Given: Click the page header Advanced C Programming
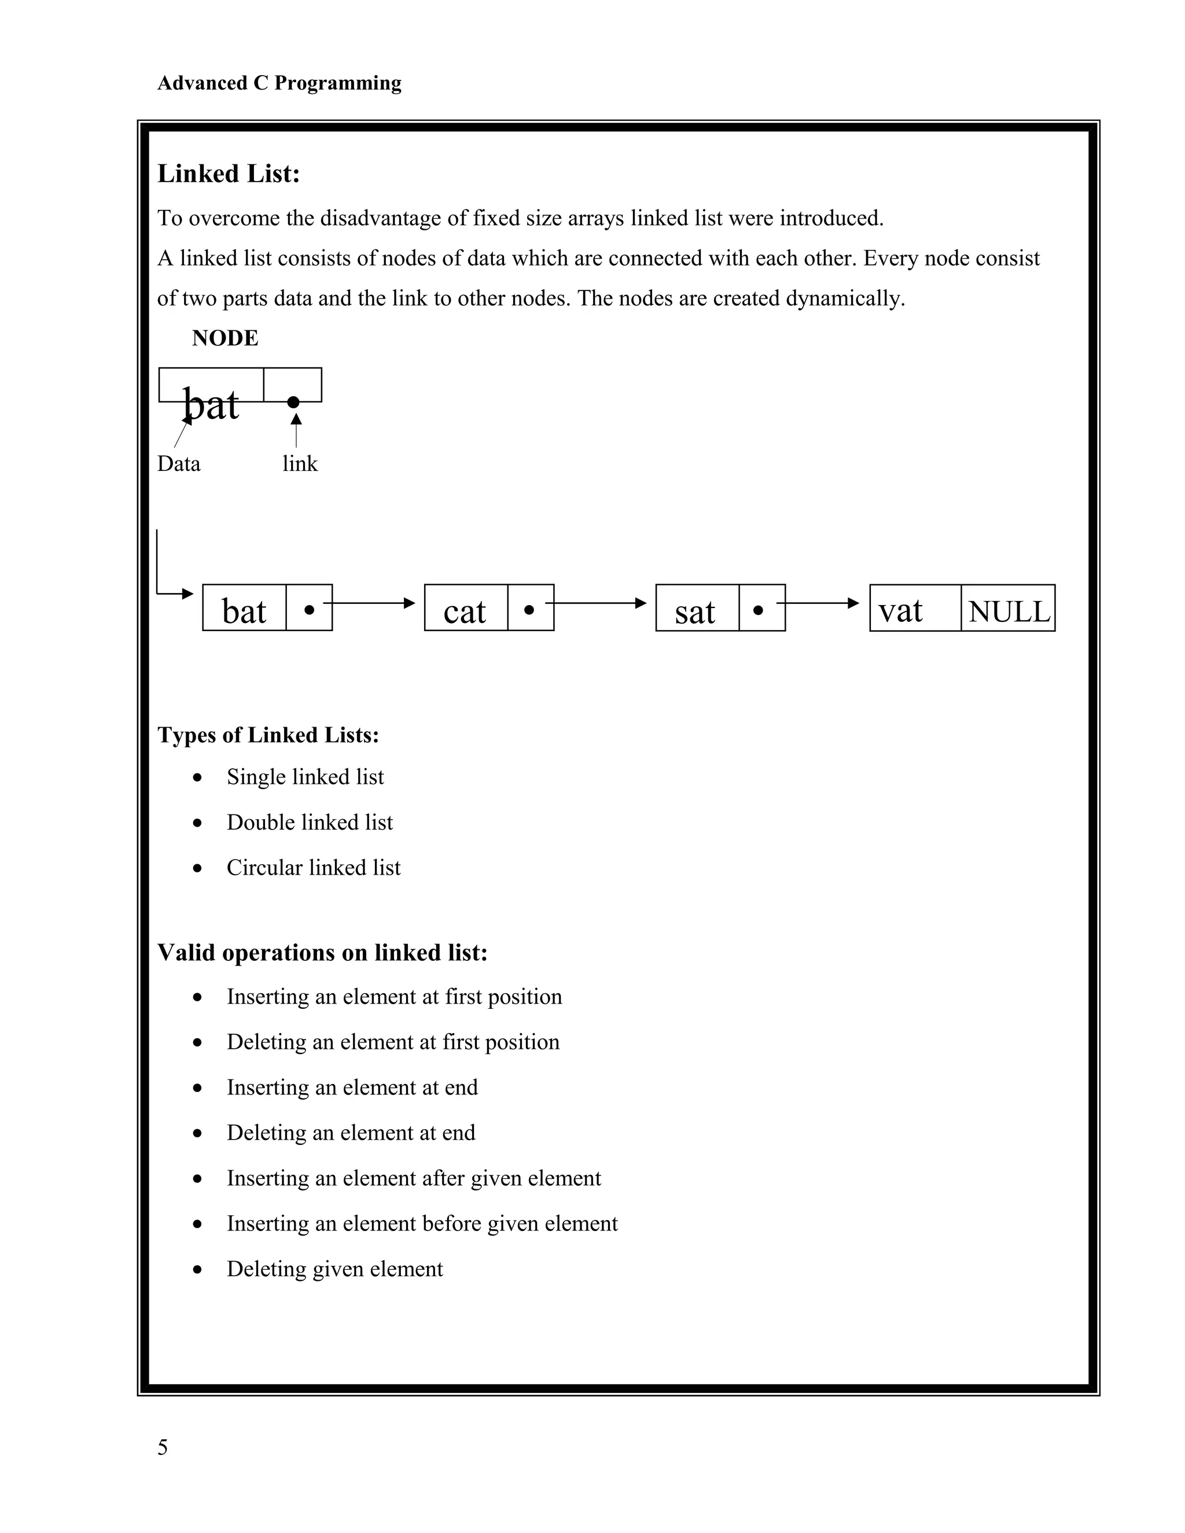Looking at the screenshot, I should tap(279, 83).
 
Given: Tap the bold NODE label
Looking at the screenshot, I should tap(225, 338).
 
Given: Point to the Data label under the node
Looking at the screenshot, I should tap(178, 463).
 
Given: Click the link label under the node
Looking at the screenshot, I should tap(300, 463).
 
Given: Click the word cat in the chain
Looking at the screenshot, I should tap(464, 611).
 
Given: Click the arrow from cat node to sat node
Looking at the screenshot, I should tap(597, 603).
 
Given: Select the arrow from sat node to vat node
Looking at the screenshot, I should tap(818, 603).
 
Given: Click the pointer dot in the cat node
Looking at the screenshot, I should tap(529, 610).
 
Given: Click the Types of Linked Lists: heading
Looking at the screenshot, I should tap(267, 735).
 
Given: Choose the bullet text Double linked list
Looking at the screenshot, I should tap(310, 822).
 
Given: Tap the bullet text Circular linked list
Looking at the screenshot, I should tap(313, 868).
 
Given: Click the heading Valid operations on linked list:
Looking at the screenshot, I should tap(322, 953).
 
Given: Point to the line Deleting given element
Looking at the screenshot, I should tap(334, 1269).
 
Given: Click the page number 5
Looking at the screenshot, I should tap(162, 1447).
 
